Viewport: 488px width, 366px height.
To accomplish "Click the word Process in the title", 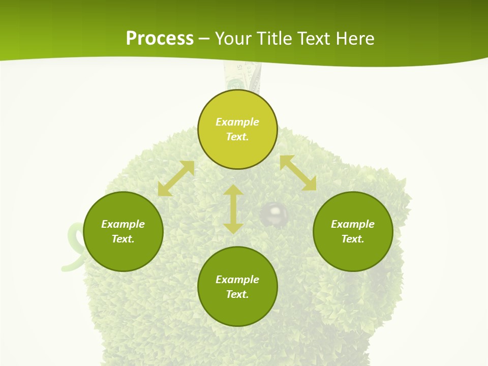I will [x=160, y=39].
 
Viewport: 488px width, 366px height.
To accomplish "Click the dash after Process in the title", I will [x=204, y=39].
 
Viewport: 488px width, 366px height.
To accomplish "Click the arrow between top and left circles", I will [x=176, y=178].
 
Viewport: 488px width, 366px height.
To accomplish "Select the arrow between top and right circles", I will [x=298, y=173].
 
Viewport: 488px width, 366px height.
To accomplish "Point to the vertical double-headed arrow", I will [x=233, y=209].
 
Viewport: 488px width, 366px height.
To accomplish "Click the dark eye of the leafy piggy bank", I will [x=274, y=213].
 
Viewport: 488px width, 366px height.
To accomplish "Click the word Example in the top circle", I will [x=237, y=122].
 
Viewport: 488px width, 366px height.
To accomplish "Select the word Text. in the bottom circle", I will [x=237, y=294].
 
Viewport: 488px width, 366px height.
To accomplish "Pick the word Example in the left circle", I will [x=123, y=224].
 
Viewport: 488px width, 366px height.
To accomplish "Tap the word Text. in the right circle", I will [x=353, y=239].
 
